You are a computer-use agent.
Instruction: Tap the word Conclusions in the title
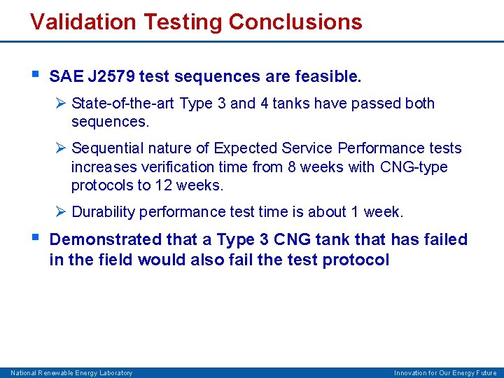click(295, 22)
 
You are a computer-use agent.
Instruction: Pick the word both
click(419, 104)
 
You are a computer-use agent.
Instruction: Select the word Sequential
click(106, 148)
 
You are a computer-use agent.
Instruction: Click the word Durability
click(104, 211)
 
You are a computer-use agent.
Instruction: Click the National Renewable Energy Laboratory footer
click(71, 373)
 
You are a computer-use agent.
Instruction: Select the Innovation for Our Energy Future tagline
click(445, 373)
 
